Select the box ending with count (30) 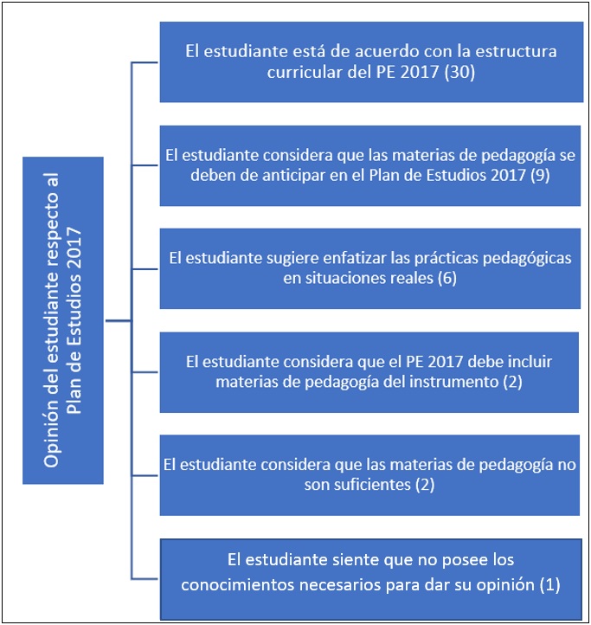(x=371, y=61)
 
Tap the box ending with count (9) (x=369, y=165)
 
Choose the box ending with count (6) (x=369, y=268)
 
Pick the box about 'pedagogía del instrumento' (x=369, y=372)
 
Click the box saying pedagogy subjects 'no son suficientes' (x=369, y=475)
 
